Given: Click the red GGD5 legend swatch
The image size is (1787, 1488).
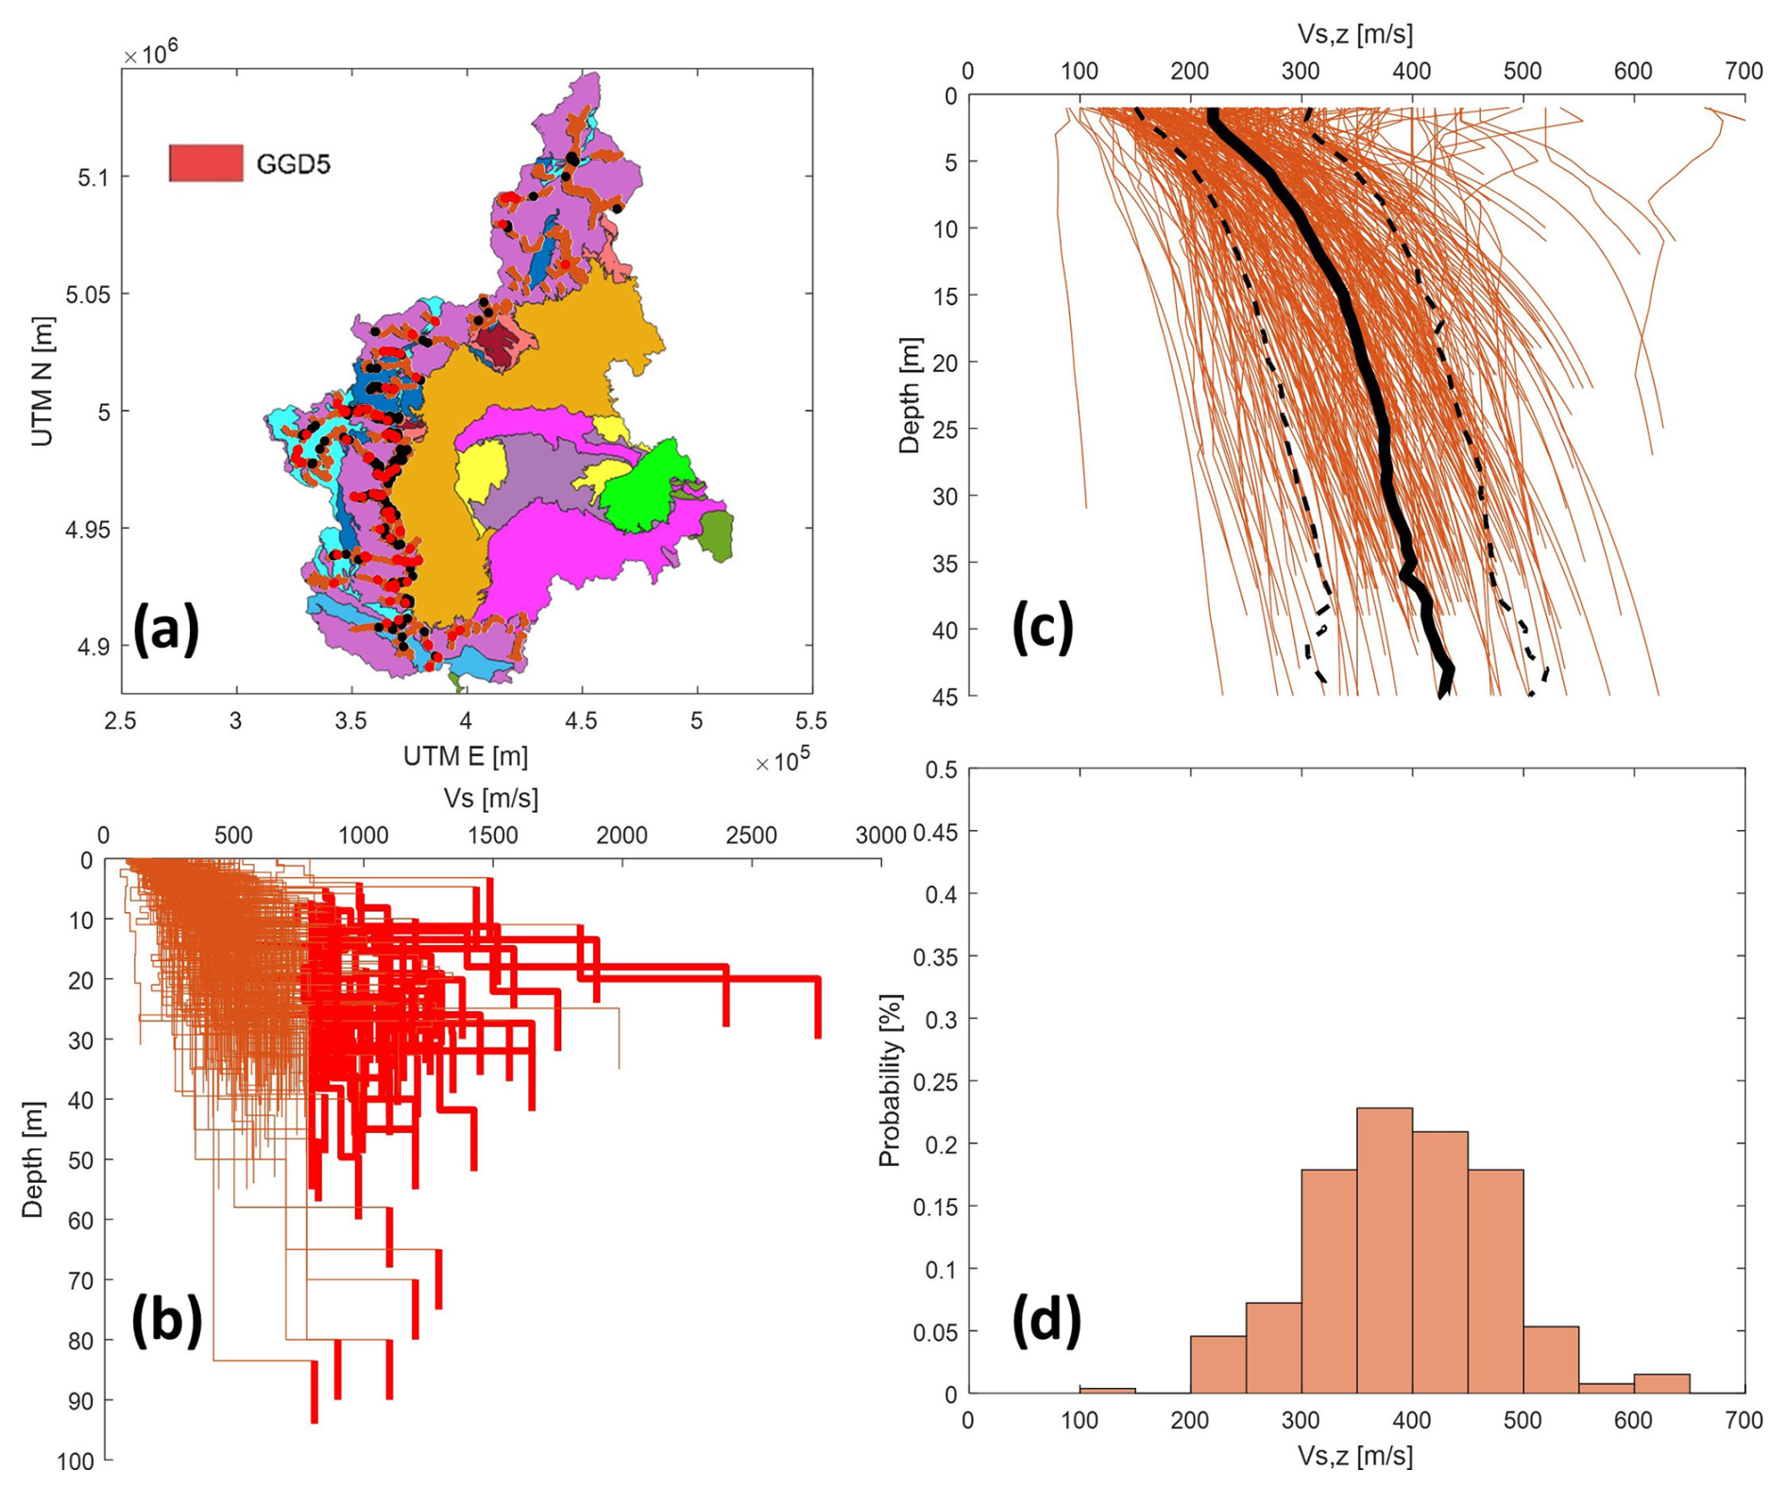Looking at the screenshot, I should pos(205,162).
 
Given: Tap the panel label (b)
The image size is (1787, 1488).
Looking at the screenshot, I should pos(166,1318).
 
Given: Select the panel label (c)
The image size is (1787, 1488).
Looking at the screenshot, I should pos(1043,627).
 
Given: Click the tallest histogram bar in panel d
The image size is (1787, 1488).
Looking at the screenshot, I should pos(1384,1250).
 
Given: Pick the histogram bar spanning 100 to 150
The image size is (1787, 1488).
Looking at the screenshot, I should pos(1107,1390).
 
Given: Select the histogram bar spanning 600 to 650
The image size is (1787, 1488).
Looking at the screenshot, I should pos(1661,1383).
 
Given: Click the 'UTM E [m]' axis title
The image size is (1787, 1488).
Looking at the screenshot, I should pos(465,756).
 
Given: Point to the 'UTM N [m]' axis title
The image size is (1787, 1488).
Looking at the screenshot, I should pos(42,380).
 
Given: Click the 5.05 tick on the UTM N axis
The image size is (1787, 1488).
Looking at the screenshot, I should pos(87,295).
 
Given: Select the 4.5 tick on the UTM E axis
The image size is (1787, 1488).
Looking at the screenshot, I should pos(581,721).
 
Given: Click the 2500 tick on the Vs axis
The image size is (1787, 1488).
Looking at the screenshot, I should pos(751,836).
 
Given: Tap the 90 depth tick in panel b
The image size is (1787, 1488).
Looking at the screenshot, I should pos(82,1400).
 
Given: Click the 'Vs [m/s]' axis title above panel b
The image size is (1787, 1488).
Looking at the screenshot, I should pos(491,799).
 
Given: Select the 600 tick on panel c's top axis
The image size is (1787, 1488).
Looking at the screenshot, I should pos(1633,71).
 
